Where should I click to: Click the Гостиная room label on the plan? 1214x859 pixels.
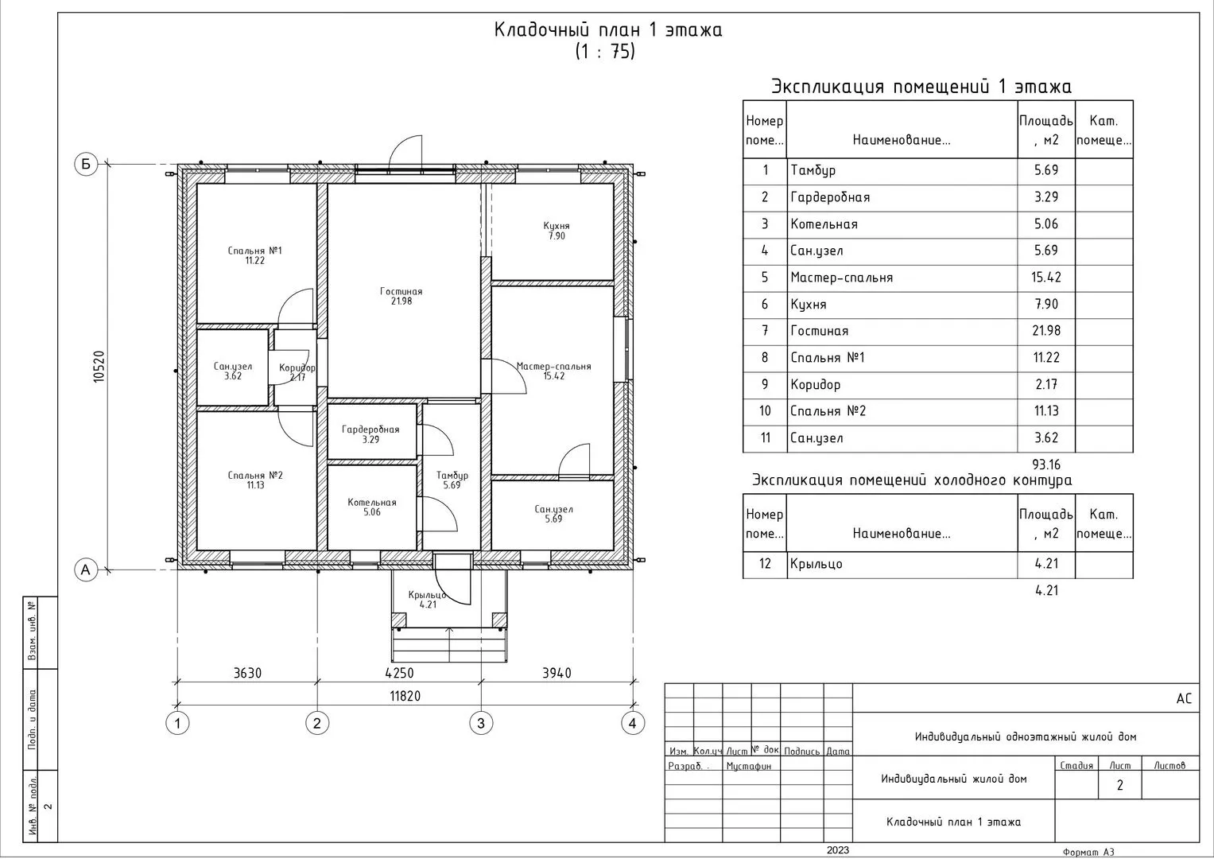coord(401,291)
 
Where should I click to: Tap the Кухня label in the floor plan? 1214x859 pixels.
coord(557,226)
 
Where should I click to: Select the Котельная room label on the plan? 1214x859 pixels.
coord(372,502)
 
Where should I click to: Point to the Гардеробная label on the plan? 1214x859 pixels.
coord(370,429)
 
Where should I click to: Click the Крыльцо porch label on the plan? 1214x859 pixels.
coord(428,595)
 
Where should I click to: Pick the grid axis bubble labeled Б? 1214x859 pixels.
coord(86,164)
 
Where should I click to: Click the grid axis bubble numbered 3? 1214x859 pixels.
coord(481,723)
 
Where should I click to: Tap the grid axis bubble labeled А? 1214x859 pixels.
coord(86,570)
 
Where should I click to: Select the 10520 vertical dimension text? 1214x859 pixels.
coord(99,367)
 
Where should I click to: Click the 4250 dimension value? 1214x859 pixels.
coord(399,673)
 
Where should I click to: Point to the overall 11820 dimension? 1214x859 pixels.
coord(405,696)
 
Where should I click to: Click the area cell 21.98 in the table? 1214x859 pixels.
coord(1046,331)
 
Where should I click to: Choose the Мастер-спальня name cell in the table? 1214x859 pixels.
coord(841,278)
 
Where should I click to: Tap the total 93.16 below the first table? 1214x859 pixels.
coord(1046,464)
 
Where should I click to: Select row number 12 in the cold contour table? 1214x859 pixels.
coord(765,564)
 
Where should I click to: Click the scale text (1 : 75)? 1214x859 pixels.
coord(605,52)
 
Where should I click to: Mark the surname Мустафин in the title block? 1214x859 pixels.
coord(748,766)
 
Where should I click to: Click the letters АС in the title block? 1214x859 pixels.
coord(1185,698)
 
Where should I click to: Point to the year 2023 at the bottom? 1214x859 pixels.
coord(838,850)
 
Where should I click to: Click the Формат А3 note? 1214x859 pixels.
coord(1088,853)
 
